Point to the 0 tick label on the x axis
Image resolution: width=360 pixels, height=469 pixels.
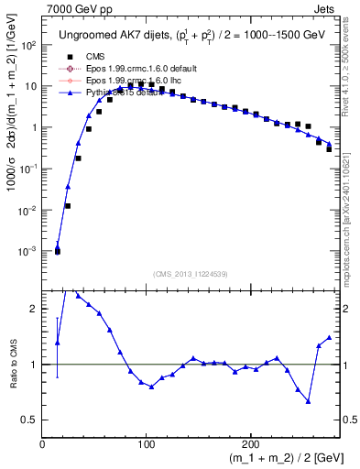tap(43, 443)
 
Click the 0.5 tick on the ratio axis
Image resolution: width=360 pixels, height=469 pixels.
tap(29, 420)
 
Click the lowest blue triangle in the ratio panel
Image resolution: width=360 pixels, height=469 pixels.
tap(309, 401)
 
